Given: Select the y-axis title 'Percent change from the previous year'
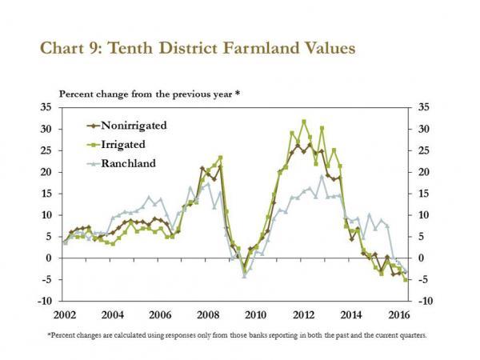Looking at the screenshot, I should (x=149, y=94).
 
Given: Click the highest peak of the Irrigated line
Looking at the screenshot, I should (x=304, y=122).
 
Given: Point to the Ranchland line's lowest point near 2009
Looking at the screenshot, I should (x=244, y=275).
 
